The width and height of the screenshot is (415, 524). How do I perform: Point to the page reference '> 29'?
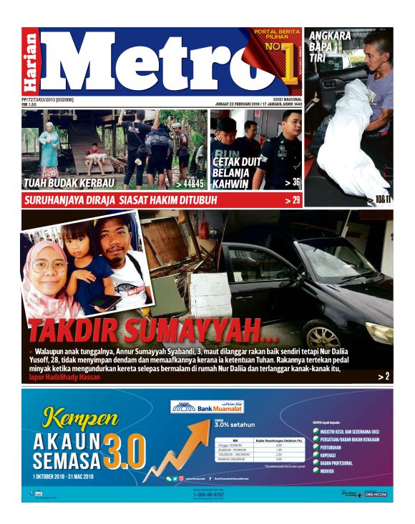(292, 200)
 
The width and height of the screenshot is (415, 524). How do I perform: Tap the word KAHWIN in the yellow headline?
(232, 184)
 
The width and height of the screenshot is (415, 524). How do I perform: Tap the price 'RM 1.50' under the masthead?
(29, 104)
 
